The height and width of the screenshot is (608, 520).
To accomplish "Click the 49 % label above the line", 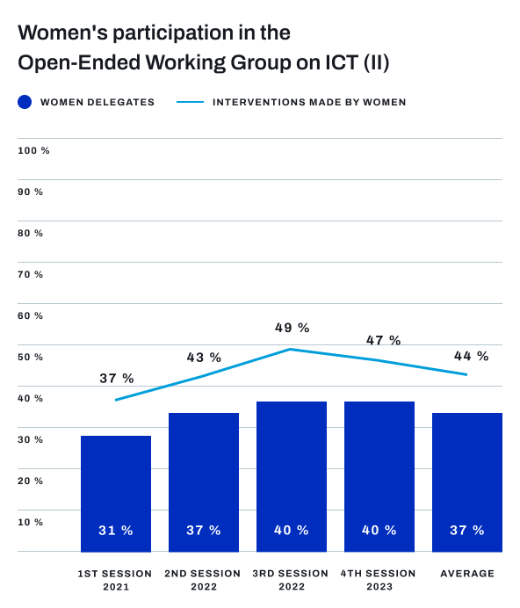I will [x=292, y=328].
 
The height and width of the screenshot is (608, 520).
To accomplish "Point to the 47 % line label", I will [x=382, y=340].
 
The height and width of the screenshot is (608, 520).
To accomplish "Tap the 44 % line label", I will [x=471, y=356].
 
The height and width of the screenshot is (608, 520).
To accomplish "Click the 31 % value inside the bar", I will [x=116, y=531].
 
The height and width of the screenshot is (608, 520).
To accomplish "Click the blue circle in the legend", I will [x=25, y=102].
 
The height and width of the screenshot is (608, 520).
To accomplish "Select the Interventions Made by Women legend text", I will [x=309, y=102].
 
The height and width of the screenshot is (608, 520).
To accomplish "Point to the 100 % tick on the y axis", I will [x=33, y=151].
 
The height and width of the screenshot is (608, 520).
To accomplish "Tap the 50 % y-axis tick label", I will [x=31, y=357].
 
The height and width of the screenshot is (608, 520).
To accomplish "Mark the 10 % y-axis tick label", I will [x=31, y=522].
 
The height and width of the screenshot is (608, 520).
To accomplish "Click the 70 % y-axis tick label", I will [x=31, y=274].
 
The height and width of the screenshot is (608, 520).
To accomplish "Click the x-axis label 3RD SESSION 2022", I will [x=291, y=580].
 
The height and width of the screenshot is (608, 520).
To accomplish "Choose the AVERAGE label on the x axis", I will [x=466, y=574].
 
